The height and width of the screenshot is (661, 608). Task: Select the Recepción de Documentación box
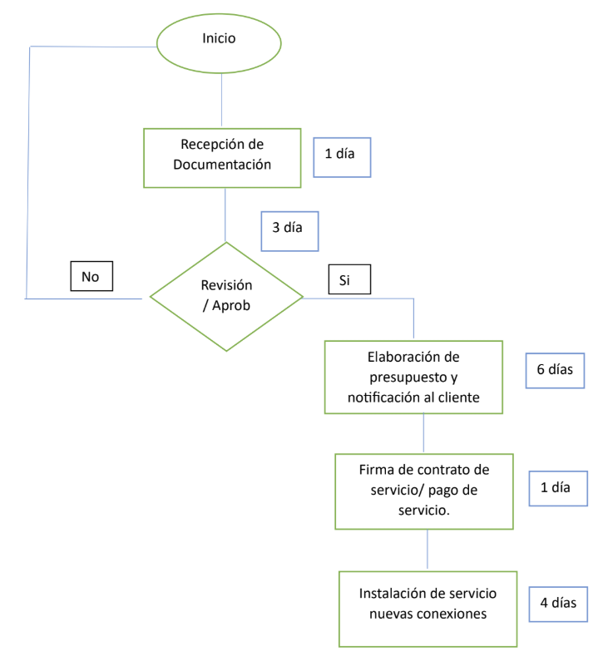pos(222,157)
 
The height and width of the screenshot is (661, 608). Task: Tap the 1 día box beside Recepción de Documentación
pos(342,156)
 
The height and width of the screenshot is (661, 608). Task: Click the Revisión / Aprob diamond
pos(226,295)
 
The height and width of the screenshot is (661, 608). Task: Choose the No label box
pos(91,277)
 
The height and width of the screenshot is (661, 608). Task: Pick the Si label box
pos(348,280)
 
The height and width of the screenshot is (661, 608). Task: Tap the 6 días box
pos(555,371)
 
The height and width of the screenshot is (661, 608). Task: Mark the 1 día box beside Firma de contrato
pos(558,488)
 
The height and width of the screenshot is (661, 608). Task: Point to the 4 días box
pos(558,603)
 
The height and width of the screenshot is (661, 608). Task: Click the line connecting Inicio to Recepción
pos(221,98)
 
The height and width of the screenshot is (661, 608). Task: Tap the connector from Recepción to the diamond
pos(226,215)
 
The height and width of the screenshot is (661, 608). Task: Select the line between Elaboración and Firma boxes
pos(424,433)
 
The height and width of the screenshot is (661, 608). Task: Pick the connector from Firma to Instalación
pos(428,549)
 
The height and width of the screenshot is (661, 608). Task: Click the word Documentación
pos(222,165)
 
